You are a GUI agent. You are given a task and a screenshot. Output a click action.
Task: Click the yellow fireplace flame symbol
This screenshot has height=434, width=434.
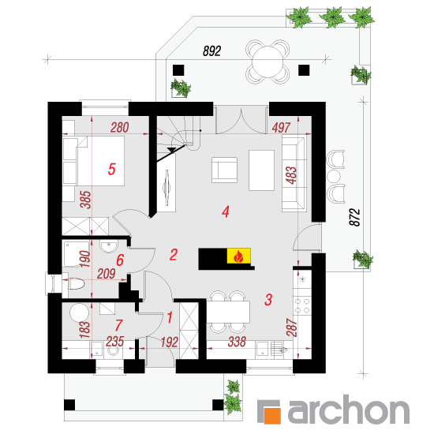[x=239, y=256]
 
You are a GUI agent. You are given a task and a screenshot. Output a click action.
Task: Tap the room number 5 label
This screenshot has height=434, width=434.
[x=111, y=169]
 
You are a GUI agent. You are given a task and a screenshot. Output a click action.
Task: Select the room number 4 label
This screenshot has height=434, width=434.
[x=226, y=211]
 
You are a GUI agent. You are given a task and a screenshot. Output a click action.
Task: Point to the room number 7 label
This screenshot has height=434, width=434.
[x=118, y=325]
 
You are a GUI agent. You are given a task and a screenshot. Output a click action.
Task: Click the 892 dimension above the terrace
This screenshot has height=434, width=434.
[x=211, y=51]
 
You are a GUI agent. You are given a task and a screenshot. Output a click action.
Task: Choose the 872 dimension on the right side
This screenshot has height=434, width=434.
[x=355, y=217]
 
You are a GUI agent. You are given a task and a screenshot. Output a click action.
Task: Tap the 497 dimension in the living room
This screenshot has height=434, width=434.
[x=281, y=128]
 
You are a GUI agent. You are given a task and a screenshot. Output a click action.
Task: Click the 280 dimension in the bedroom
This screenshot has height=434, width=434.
[x=120, y=128]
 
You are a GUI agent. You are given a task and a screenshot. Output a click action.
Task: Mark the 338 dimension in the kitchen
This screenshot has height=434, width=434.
[x=237, y=342]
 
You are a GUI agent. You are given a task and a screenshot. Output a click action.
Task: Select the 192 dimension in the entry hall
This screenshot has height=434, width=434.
[x=169, y=342]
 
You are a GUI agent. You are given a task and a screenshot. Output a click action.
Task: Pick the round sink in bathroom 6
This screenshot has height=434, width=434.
[x=109, y=246]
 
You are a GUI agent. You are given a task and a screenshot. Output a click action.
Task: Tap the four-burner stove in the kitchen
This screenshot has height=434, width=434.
[x=302, y=305]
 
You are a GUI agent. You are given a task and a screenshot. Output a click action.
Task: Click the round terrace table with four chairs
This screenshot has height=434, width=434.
[x=268, y=62]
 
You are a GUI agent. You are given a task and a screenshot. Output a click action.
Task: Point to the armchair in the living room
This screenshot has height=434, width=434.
[x=224, y=170]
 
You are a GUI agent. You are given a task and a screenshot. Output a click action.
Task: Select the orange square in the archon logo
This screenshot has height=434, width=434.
[x=271, y=415]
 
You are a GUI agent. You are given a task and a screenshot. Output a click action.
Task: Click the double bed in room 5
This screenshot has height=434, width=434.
[x=94, y=161]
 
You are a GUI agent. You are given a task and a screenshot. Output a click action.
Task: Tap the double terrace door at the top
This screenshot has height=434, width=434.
[x=241, y=121]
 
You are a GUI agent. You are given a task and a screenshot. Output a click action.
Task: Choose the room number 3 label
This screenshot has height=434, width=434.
[x=268, y=300]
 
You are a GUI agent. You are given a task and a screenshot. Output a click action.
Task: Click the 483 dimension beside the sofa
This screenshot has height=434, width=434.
[x=291, y=175]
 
